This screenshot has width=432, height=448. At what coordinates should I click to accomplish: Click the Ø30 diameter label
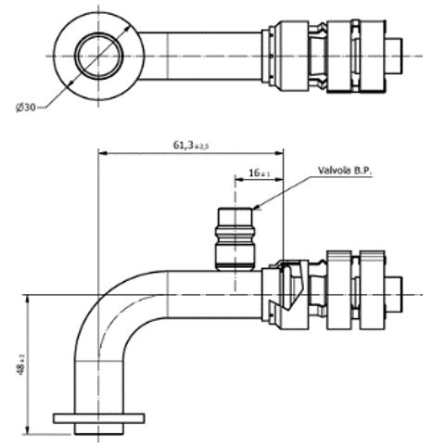[x=27, y=108]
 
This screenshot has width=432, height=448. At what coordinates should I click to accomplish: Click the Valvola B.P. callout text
[x=351, y=172]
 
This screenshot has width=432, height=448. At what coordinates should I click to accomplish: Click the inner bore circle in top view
[x=96, y=57]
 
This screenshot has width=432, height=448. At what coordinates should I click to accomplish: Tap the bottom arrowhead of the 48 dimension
[x=31, y=429]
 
